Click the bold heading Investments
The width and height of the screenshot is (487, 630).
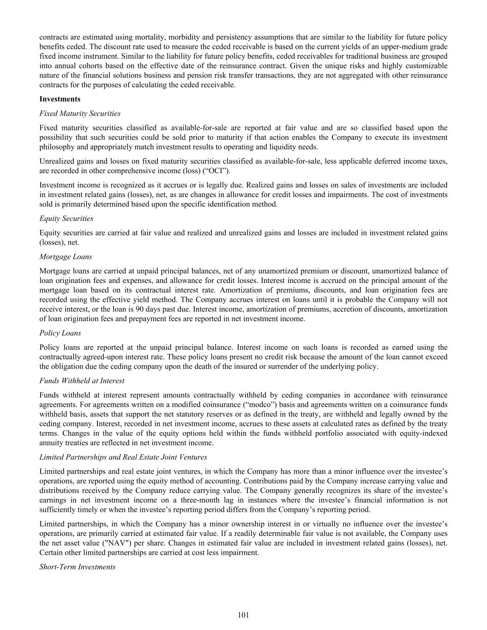coord(60,99)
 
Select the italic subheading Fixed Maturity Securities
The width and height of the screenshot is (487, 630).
coord(80,114)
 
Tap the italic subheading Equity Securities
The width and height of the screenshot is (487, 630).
coord(66,218)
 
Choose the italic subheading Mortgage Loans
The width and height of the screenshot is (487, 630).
coord(66,257)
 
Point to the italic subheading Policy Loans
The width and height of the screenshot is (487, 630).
coord(60,333)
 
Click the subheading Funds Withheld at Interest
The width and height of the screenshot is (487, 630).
coord(82,381)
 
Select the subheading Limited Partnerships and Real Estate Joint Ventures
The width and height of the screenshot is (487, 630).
coord(123,457)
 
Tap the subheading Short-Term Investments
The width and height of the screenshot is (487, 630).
coord(78,566)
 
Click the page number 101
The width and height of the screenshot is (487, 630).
coord(243,615)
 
